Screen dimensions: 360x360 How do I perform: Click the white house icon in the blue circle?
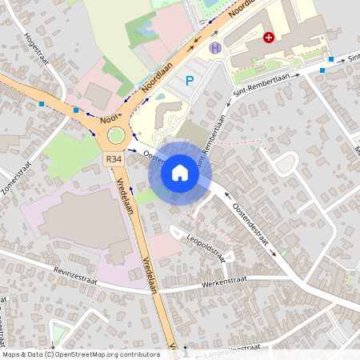tap(180, 173)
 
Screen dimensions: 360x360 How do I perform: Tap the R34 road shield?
tap(114, 159)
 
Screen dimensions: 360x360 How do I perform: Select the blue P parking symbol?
tap(190, 80)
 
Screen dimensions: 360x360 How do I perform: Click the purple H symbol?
tap(214, 47)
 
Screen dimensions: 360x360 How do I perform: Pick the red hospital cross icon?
tap(270, 38)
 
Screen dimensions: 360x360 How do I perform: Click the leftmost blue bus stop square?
tap(41, 104)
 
